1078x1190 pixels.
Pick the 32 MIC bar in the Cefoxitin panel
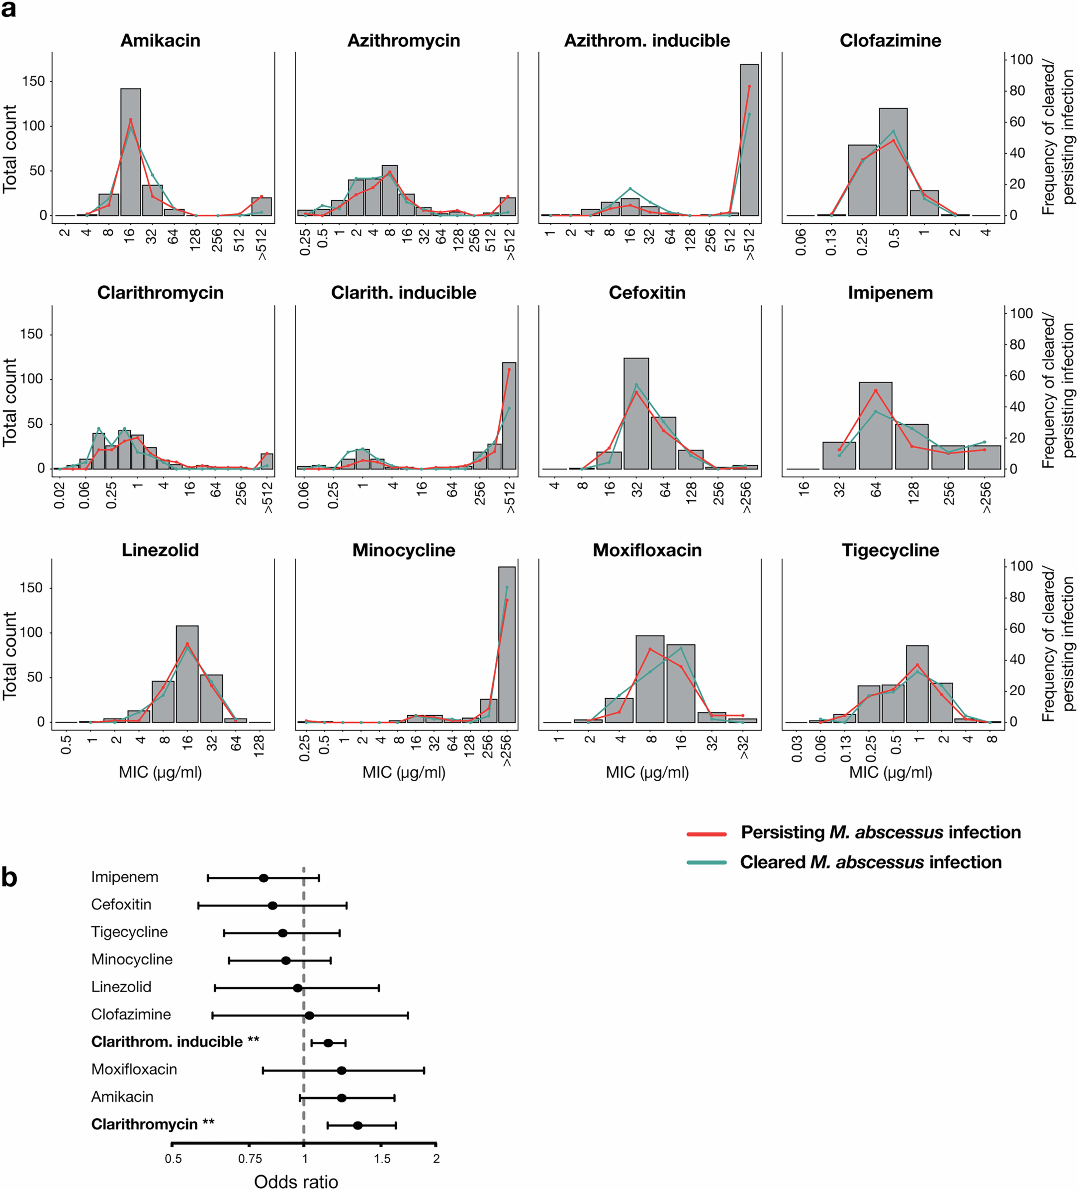636,413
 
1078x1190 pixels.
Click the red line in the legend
706,833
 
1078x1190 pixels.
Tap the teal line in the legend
706,863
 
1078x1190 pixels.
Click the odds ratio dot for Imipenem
264,878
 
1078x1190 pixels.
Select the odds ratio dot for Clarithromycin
358,1126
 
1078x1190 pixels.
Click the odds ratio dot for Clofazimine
309,1015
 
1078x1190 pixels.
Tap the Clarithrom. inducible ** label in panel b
175,1042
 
